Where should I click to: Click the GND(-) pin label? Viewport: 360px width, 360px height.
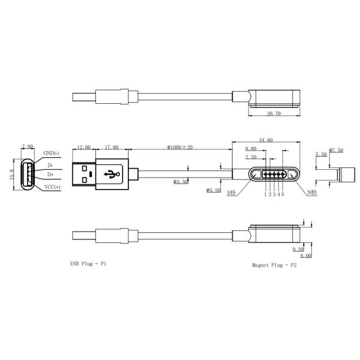(x=51, y=153)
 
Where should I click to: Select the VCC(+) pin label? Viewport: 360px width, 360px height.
(x=52, y=187)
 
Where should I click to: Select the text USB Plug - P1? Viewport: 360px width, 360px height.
(x=88, y=263)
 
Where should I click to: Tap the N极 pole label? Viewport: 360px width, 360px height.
(x=312, y=193)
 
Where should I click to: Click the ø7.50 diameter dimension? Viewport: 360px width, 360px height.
(x=336, y=151)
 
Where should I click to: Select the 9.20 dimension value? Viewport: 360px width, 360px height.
(x=298, y=248)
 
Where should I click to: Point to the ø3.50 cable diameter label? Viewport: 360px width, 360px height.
(x=181, y=182)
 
